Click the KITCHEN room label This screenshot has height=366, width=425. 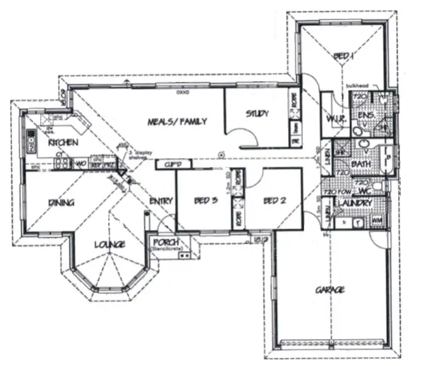(63, 143)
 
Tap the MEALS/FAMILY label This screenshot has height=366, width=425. (177, 121)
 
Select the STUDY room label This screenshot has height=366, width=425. (257, 114)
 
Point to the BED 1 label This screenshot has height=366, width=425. (344, 57)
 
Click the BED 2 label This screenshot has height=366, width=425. (275, 201)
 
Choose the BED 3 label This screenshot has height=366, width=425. (205, 201)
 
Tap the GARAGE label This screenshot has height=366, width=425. (330, 290)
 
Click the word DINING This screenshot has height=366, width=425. (61, 203)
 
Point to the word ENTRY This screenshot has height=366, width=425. (161, 201)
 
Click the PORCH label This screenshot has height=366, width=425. (166, 243)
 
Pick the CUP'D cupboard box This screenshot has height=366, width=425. (168, 165)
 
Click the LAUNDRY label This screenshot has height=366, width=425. (354, 204)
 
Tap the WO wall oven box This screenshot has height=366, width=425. (81, 164)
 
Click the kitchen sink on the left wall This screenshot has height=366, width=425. (29, 140)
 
